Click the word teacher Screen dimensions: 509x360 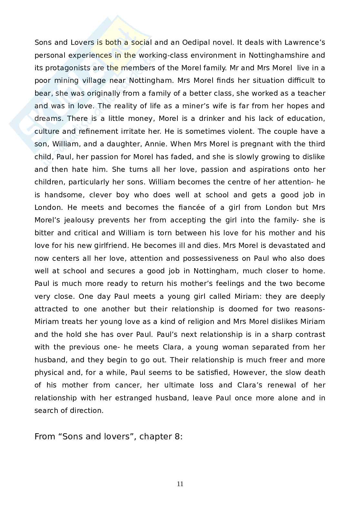click(311, 93)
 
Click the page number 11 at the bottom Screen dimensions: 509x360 click(180, 484)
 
